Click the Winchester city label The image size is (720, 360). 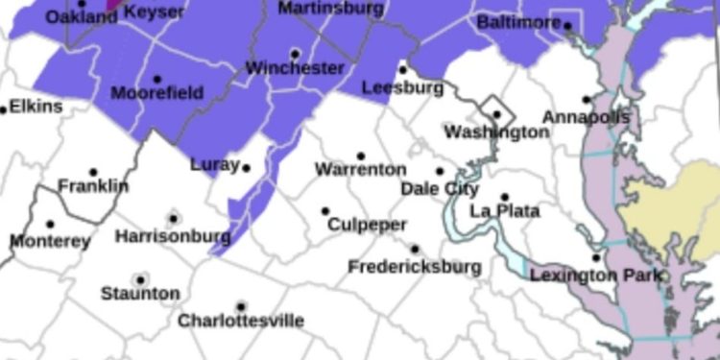point(295,68)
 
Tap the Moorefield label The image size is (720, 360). point(156,93)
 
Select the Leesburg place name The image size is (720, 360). point(402,87)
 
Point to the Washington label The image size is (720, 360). point(496,132)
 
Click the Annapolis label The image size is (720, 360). point(586,116)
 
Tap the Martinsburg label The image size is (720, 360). point(331,8)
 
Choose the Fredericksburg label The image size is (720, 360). point(414,266)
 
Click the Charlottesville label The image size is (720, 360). point(241,320)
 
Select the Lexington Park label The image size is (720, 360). point(596,276)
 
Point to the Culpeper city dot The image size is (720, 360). point(325,211)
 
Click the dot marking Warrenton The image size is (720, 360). point(361,156)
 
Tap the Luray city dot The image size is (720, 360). point(246,167)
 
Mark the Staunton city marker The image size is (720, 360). point(140,279)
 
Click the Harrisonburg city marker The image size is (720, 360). point(173,219)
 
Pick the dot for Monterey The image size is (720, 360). point(50,225)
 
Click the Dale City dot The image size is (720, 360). point(440,172)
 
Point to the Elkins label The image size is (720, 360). point(35,107)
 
